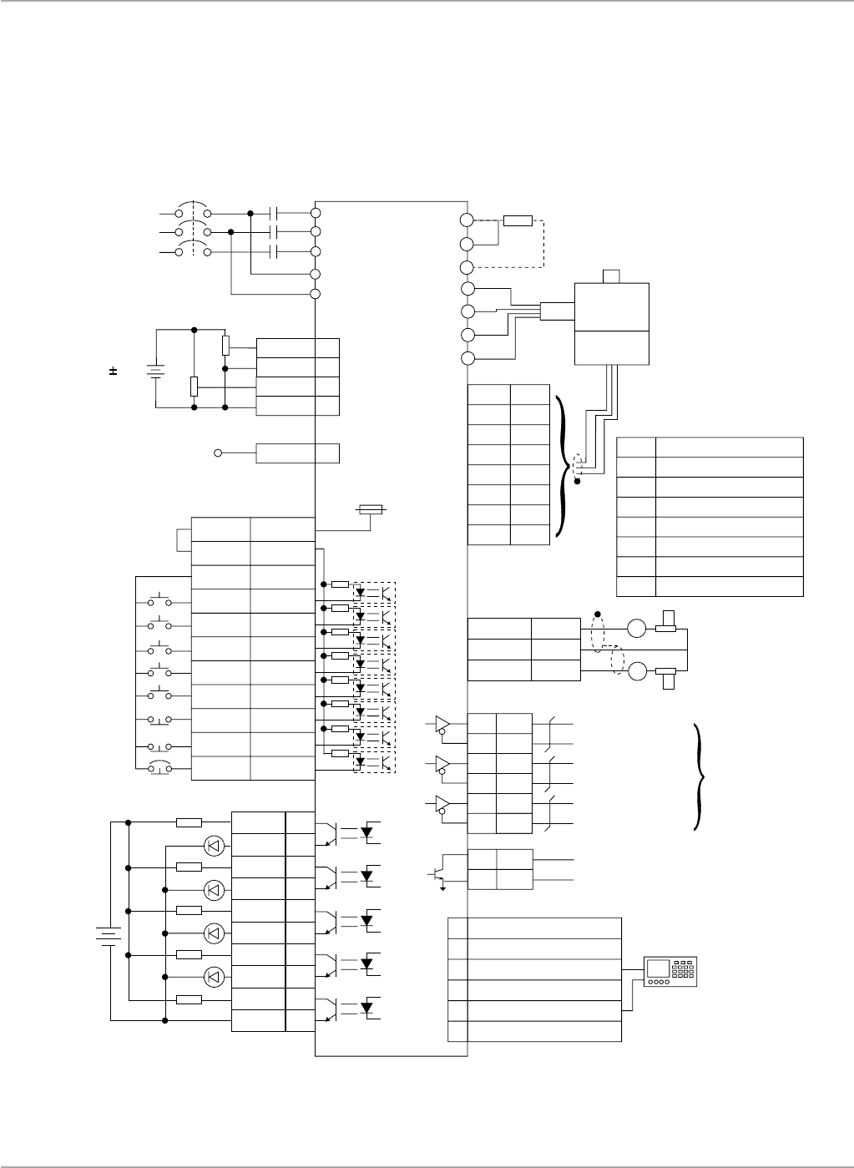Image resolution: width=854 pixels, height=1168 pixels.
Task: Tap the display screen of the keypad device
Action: (659, 968)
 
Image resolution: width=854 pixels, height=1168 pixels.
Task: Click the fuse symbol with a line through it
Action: (370, 509)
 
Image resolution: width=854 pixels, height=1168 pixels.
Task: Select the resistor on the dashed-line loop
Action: (518, 221)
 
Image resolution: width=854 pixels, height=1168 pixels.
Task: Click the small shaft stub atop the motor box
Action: (612, 276)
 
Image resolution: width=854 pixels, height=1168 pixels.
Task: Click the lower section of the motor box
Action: (612, 346)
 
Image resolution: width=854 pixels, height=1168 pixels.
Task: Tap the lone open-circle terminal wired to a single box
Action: (219, 453)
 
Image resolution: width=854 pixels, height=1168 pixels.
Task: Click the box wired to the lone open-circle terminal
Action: (297, 453)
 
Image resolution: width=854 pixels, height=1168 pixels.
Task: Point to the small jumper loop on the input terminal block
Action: (184, 540)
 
